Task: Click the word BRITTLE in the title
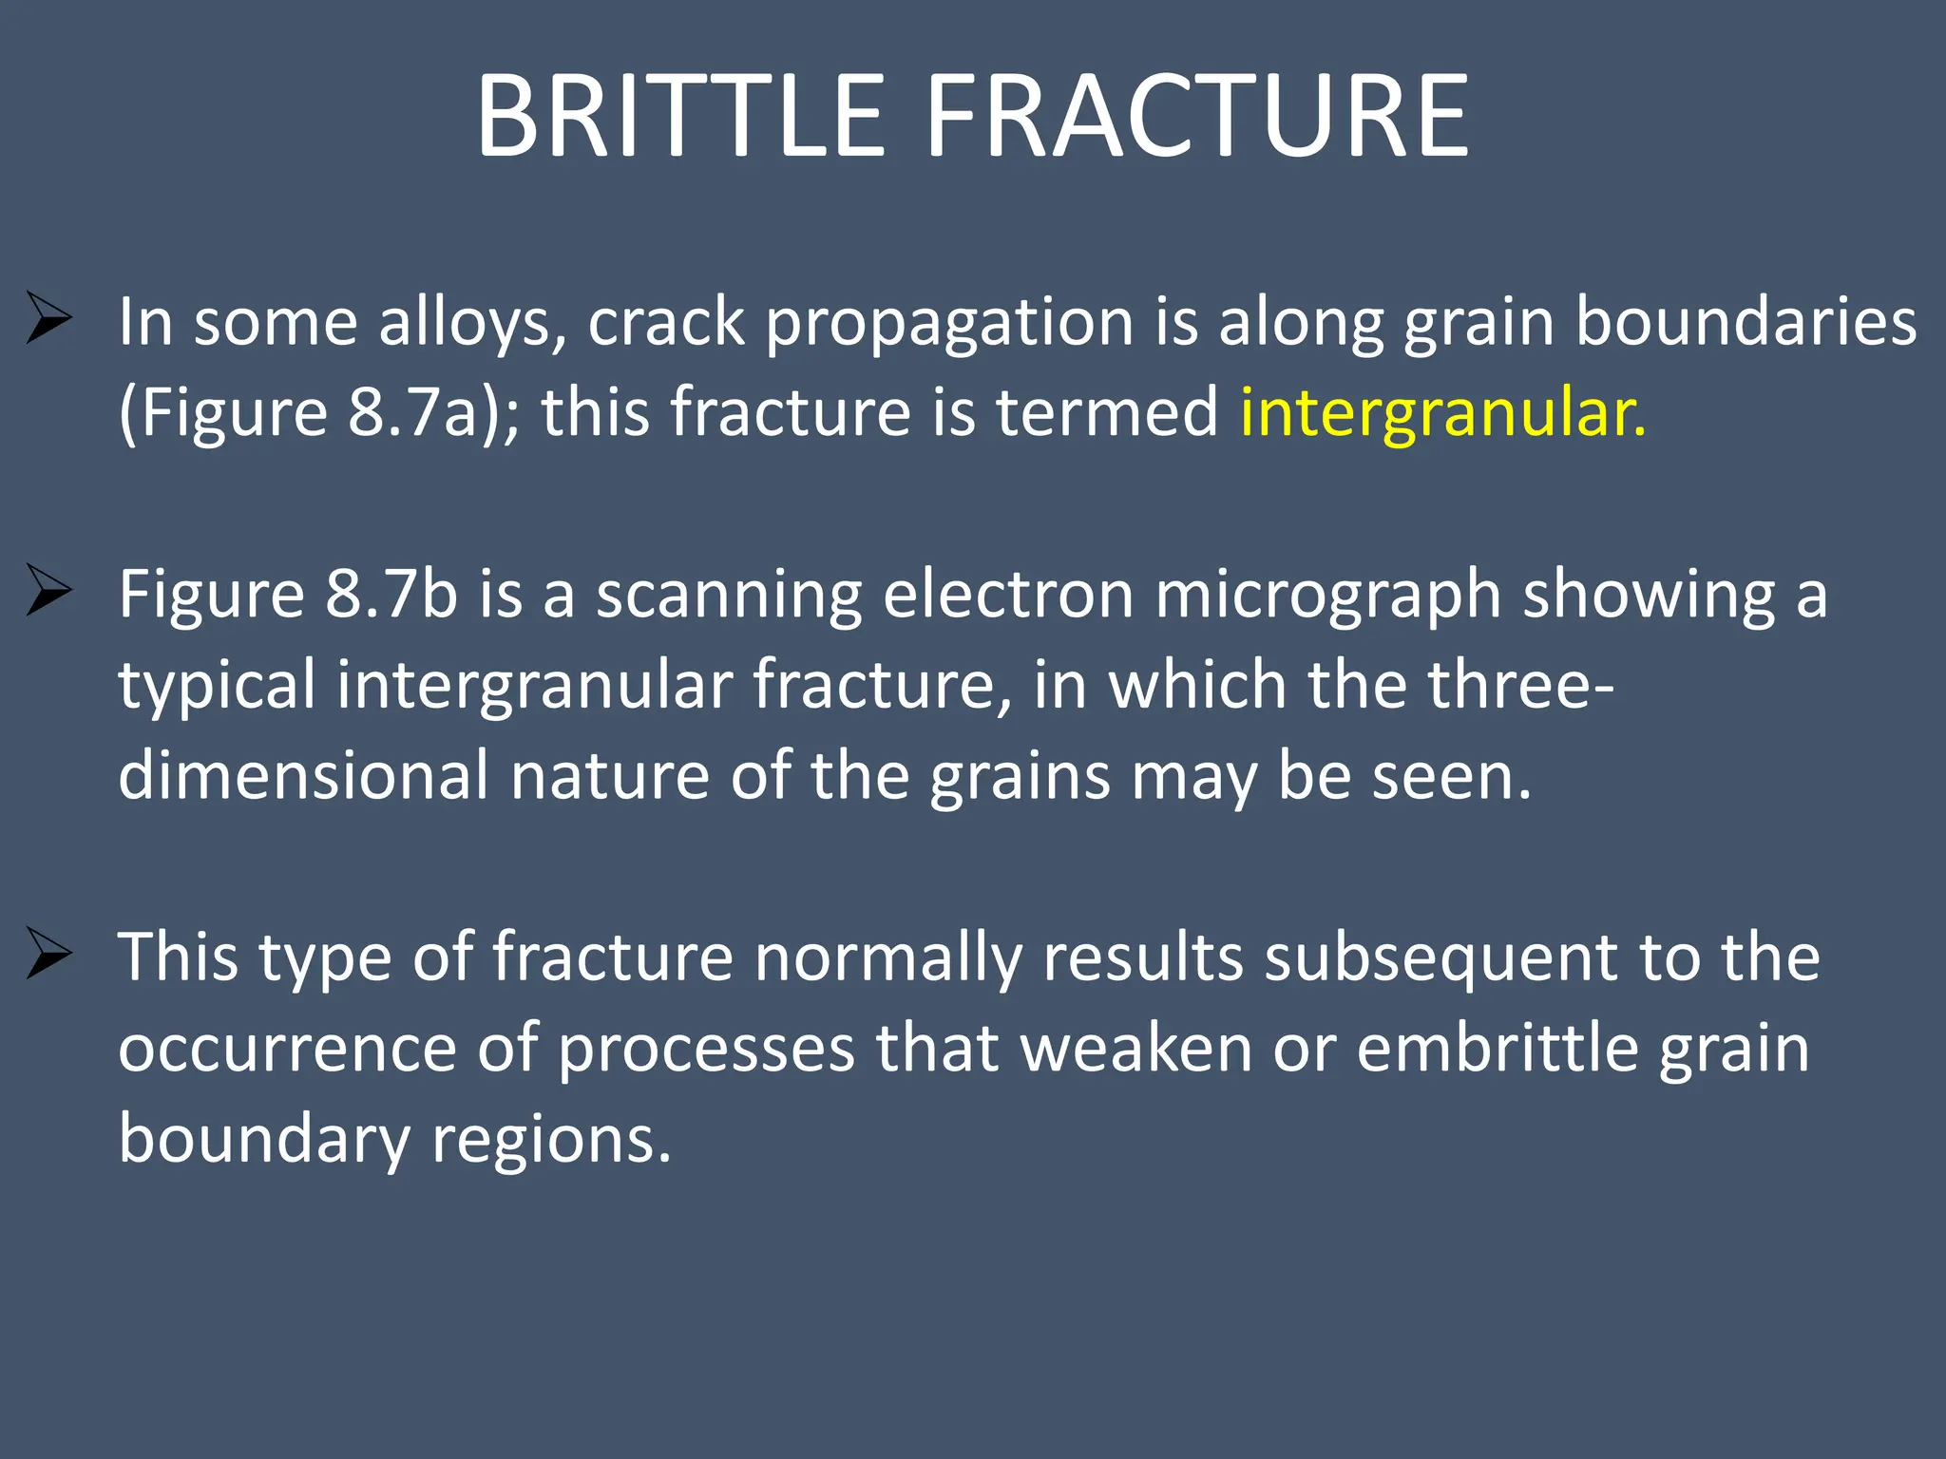[680, 116]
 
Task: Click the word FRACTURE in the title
[1197, 116]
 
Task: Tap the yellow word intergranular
[1442, 413]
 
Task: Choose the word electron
[1008, 595]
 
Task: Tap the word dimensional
[303, 775]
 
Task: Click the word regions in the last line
[551, 1139]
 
